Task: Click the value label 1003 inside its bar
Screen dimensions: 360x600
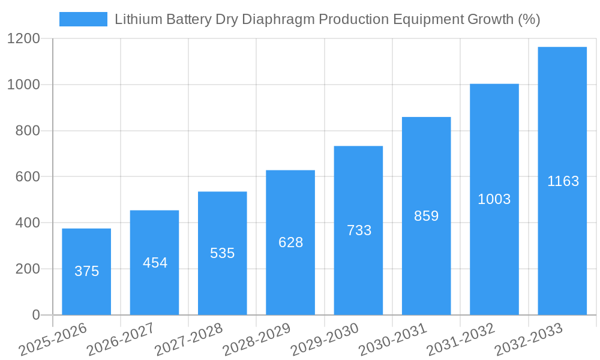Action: [494, 199]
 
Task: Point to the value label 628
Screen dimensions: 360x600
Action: [290, 242]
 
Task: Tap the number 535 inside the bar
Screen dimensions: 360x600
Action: [222, 253]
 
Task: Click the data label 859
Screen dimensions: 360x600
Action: [426, 216]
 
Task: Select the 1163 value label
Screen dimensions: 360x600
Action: [563, 181]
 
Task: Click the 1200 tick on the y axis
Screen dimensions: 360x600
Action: [23, 39]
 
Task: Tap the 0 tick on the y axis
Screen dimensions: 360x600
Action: [35, 315]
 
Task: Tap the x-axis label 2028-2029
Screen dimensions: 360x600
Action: [257, 339]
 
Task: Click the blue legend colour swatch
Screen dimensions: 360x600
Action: [83, 19]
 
